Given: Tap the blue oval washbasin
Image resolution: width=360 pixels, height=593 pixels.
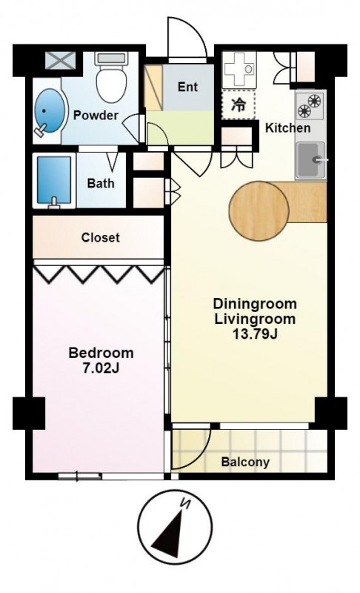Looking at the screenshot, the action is coord(47,110).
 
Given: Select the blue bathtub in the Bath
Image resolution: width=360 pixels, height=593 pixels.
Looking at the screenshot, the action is coord(54,180).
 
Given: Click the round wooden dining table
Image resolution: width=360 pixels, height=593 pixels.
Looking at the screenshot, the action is coord(259,211).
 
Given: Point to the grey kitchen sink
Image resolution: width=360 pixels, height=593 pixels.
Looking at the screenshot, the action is coord(310,160).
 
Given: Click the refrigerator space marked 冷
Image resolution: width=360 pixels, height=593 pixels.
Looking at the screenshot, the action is coord(238,105).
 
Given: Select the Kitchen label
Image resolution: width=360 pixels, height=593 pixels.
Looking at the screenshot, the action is coord(288,127).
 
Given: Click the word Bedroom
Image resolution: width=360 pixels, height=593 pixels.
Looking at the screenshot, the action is coord(101,353).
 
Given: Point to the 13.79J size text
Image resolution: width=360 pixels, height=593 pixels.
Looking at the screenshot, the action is coord(256,334).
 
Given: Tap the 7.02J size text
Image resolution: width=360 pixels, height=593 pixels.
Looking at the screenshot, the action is coord(101,368).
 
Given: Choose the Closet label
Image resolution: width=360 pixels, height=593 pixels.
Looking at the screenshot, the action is coord(101,237).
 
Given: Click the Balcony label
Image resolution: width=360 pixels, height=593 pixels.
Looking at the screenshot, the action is coord(245,462).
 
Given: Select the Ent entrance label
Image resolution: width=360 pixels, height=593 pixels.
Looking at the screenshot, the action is coord(187,87).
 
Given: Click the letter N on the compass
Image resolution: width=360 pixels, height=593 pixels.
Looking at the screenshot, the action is coord(185,503).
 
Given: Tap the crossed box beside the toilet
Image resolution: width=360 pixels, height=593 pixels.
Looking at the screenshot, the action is coord(61,61).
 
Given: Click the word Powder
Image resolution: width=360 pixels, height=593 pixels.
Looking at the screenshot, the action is coord(96,115).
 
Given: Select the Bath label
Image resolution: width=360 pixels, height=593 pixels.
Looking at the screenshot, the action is coord(101,183).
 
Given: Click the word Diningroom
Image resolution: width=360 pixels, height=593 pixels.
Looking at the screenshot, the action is coord(255,304).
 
